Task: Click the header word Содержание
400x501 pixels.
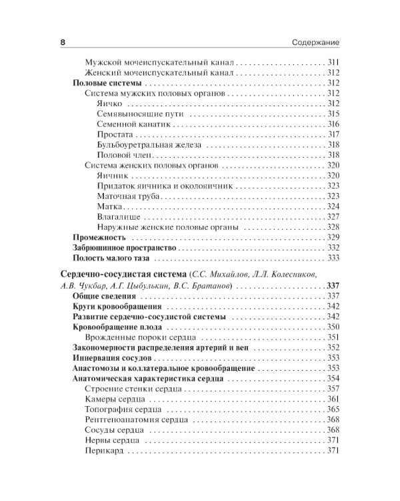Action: [316, 42]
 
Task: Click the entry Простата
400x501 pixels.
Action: [114, 134]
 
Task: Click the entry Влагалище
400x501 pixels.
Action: [119, 217]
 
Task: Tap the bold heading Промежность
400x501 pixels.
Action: [99, 238]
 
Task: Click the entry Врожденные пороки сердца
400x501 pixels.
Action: [137, 337]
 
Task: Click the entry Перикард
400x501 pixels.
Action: [105, 451]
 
